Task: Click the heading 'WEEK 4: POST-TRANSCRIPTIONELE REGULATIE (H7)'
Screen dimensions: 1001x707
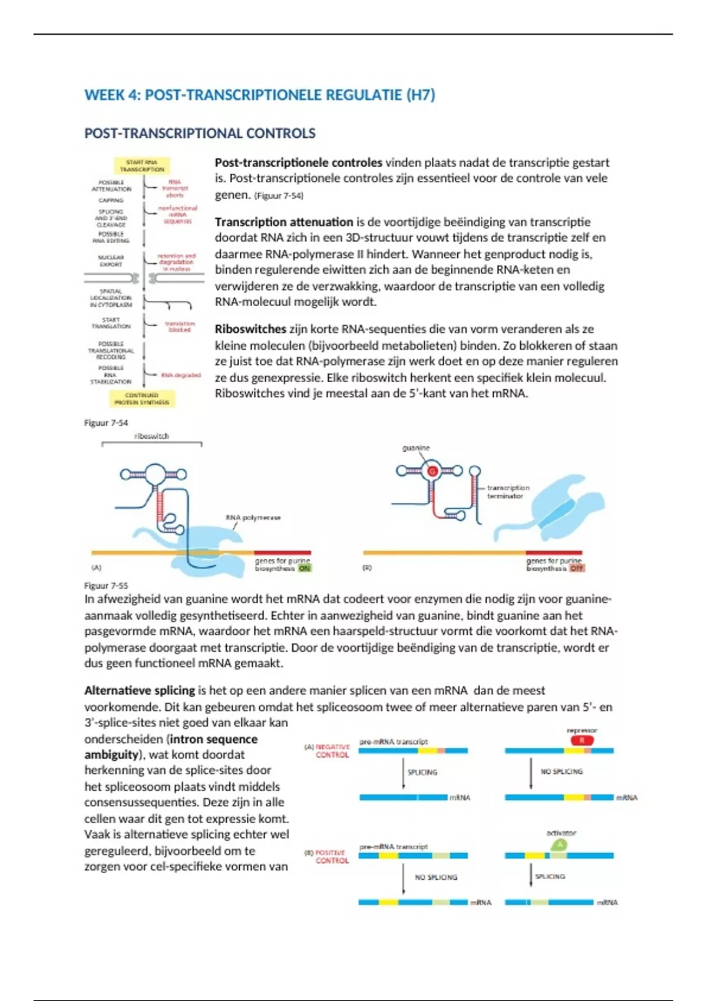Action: pos(259,95)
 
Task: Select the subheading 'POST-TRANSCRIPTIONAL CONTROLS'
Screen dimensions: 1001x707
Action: pos(200,134)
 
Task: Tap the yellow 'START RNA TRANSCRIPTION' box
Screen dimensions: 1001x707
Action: pos(142,165)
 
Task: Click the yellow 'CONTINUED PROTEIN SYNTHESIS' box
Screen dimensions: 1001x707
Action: pos(141,399)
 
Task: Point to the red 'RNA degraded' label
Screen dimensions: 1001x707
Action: pos(181,375)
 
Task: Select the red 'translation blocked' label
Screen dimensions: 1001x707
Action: pos(180,327)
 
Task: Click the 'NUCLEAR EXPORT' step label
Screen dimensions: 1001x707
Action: pos(111,261)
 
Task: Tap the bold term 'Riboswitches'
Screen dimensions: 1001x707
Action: pos(250,329)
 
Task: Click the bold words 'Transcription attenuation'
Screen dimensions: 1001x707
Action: pos(283,222)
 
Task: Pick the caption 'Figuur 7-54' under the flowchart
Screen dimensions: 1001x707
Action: pos(106,423)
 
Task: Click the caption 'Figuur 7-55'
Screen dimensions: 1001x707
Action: pos(106,585)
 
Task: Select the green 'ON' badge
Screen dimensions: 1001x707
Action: pos(304,569)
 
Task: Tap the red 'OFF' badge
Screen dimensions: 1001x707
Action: pos(577,568)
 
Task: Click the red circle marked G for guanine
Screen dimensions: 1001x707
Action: pos(432,471)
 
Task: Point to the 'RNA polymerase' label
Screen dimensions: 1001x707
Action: pos(253,518)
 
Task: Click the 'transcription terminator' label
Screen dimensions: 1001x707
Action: pos(508,492)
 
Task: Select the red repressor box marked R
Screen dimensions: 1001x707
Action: pos(582,741)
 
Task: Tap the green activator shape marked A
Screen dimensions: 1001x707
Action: pos(560,845)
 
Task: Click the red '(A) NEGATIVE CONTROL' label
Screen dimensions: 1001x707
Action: pos(328,751)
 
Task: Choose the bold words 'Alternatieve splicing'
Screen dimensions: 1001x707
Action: pos(140,690)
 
